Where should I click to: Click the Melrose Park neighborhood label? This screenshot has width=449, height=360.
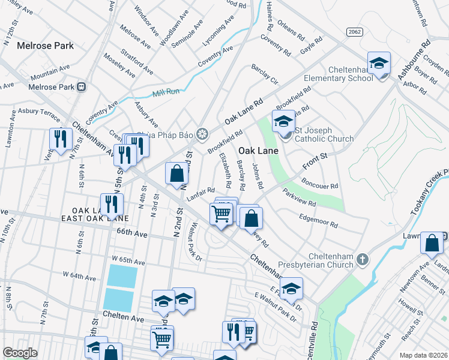coord(45,45)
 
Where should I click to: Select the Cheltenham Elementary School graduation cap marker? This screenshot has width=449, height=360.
coord(379,64)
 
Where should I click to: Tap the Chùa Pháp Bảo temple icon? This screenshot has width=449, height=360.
coord(202,133)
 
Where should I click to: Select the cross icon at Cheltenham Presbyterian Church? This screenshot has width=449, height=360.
coord(361,259)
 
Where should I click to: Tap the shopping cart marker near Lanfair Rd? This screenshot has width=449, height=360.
coord(221,213)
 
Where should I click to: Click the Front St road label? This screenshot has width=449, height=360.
coord(314,160)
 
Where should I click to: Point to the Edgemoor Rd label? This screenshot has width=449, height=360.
coord(318,220)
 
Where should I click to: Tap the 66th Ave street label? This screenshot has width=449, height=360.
coord(132,231)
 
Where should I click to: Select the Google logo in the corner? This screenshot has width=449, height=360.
coord(20,353)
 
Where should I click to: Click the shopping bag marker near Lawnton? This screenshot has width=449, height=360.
coord(432,244)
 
